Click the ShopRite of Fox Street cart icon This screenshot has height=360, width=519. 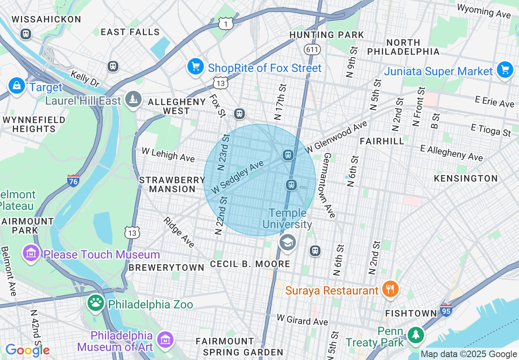pos(196,66)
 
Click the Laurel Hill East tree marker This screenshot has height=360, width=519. pos(133,99)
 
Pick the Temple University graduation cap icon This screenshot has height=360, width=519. pos(287,243)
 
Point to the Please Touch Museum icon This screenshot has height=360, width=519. pos(31,254)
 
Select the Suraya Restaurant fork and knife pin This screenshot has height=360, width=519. pos(390,290)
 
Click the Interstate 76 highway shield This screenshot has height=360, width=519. pos(73,181)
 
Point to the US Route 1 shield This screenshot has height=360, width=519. pos(226,24)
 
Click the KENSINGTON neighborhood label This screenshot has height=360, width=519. pos(466,178)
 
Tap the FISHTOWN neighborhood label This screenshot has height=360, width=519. pos(411,313)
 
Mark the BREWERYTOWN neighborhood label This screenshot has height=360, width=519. pos(166,267)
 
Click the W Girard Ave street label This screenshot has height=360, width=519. pos(302,319)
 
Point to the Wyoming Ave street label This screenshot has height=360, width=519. pos(484,11)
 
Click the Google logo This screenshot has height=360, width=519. pos(27,350)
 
